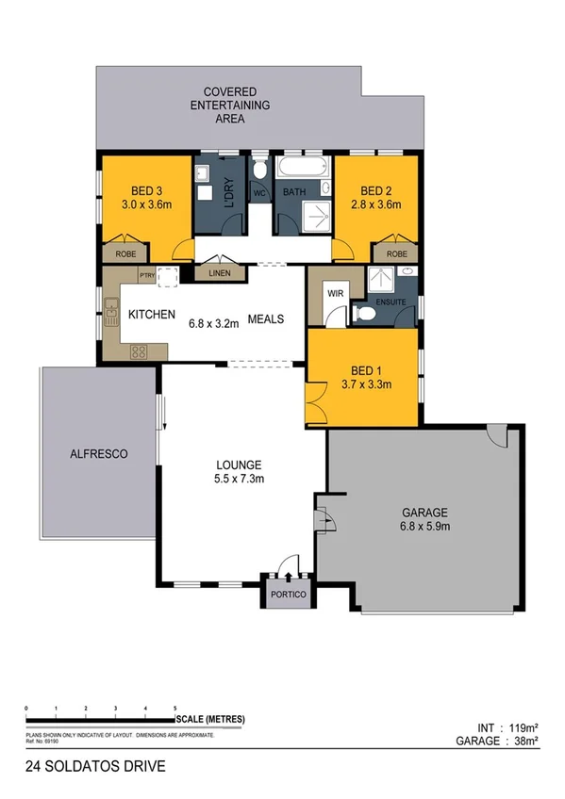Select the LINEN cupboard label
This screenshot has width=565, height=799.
[x=219, y=273]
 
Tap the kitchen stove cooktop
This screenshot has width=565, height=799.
[x=139, y=352]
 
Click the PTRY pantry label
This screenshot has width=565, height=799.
[x=146, y=275]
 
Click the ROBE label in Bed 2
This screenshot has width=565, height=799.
[x=396, y=253]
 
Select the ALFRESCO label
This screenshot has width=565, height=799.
[x=99, y=453]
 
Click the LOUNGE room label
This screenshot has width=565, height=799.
[x=238, y=465]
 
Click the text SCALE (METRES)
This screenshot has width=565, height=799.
[x=209, y=720]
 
